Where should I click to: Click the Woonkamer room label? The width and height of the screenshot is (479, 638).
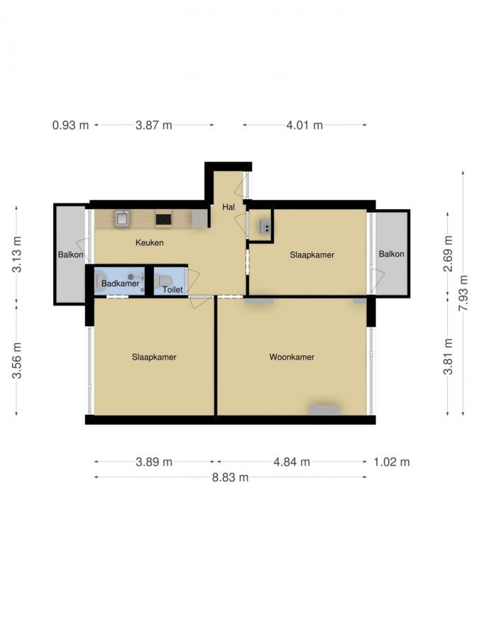click(x=291, y=357)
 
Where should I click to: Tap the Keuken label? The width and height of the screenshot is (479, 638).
click(x=150, y=242)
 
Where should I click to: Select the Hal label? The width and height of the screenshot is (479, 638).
click(x=229, y=207)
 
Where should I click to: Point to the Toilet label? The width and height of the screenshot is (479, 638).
click(x=172, y=290)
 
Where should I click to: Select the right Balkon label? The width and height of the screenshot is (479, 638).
click(x=391, y=254)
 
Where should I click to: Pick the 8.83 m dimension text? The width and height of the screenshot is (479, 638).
click(x=230, y=477)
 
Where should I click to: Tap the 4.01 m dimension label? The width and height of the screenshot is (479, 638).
click(x=304, y=125)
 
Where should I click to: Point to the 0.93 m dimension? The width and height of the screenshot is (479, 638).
click(x=71, y=125)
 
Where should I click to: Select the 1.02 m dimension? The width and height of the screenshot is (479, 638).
click(x=392, y=462)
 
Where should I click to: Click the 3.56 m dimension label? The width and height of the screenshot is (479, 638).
click(x=17, y=360)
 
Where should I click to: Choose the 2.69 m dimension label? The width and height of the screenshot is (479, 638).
click(x=448, y=254)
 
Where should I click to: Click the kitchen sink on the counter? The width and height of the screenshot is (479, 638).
click(x=122, y=219)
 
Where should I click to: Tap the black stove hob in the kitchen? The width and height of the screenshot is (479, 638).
click(x=164, y=219)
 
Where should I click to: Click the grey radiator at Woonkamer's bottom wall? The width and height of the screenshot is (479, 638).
click(x=324, y=410)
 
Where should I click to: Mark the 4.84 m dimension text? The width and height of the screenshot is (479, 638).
click(x=292, y=462)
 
